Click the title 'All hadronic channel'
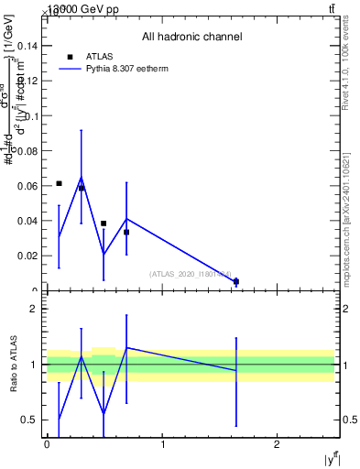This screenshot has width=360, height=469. [191, 38]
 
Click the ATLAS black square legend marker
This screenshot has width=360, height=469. [70, 57]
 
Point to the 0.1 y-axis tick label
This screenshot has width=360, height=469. [31, 115]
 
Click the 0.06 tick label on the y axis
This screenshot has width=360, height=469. [28, 186]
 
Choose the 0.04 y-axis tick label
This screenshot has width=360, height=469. [28, 221]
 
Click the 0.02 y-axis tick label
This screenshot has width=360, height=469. [28, 256]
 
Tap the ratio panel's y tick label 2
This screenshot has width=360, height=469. [34, 309]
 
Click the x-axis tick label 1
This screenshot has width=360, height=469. [162, 444]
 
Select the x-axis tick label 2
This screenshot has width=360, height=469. [278, 444]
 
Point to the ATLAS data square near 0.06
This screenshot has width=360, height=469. [59, 183]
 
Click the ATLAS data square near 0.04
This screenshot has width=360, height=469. [104, 224]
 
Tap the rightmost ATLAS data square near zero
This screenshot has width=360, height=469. [236, 281]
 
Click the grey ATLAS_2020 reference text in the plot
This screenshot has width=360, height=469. [191, 273]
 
